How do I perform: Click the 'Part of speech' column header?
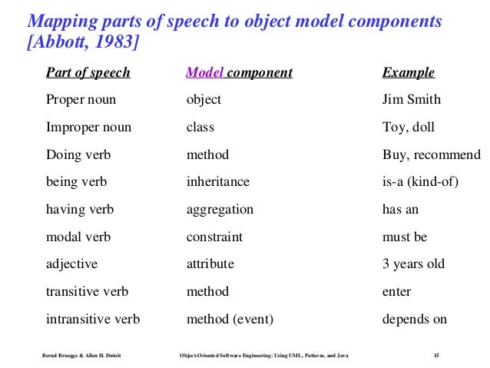point(88,73)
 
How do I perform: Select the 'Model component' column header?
point(239,73)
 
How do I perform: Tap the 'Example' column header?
point(408,73)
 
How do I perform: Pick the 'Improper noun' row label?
point(88,128)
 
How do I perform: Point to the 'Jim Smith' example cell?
point(412,100)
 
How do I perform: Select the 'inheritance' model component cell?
point(217,182)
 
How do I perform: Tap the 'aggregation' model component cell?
point(220,210)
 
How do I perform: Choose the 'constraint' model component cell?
point(214,237)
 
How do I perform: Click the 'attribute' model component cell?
point(210,264)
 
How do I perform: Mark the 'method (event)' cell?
point(230,319)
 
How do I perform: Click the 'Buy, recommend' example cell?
point(431,155)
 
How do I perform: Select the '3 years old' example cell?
point(413,264)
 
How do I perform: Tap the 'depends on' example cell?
point(415,319)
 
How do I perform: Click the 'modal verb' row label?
point(78,237)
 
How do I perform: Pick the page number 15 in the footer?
point(436,355)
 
